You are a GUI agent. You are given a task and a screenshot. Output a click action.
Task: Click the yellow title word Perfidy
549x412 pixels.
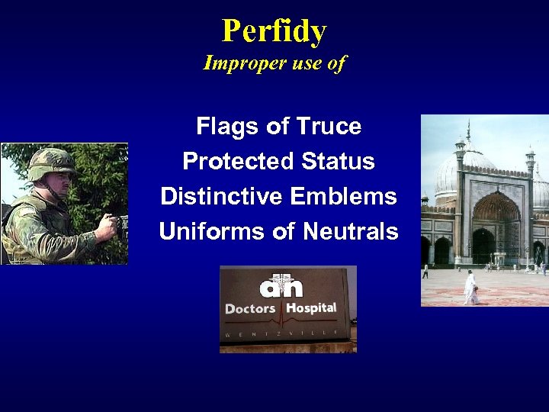274,31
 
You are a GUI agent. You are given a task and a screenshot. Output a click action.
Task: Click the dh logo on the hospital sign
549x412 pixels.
281,286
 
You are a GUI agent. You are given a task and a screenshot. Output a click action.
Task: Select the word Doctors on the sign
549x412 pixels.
250,309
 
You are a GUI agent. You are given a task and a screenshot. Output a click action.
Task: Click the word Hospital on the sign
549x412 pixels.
310,308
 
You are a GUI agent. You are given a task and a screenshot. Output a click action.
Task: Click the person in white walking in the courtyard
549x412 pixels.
470,288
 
